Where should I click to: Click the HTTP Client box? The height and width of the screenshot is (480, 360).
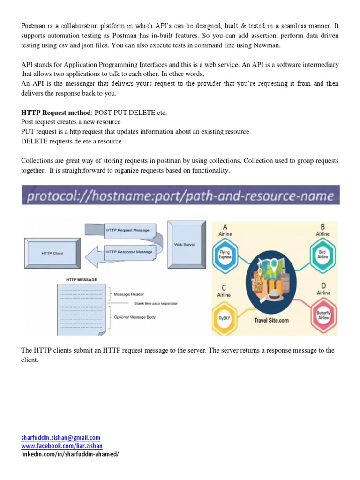[x=52, y=253]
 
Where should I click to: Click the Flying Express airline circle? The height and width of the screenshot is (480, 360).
[x=226, y=255]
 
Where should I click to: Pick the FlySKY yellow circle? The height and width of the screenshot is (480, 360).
[x=224, y=317]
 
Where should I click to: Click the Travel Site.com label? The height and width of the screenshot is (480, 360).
[x=271, y=321]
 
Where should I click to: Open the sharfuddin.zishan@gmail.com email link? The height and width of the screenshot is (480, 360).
[x=61, y=437]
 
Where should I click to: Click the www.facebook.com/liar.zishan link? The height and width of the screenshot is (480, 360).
[x=62, y=446]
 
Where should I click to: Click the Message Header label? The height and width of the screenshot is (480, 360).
[x=129, y=294]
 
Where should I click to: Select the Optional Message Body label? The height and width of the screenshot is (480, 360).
[x=135, y=317]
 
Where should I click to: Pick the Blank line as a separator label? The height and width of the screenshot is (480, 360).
[x=156, y=303]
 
